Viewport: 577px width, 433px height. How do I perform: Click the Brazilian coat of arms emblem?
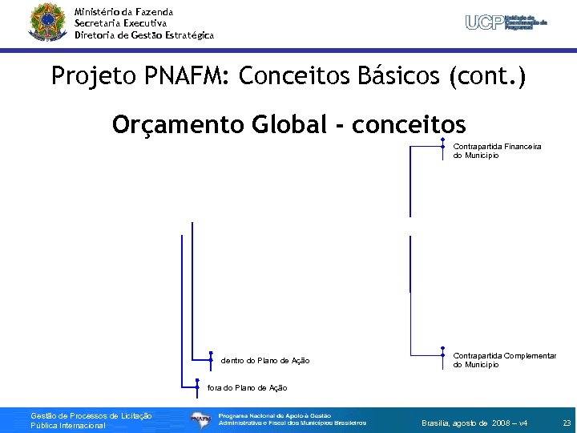coord(47,22)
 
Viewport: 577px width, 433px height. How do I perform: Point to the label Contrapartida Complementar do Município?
coord(505,360)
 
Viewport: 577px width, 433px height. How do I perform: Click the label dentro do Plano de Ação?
coord(265,361)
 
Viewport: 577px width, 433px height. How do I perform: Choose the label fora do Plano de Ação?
coord(248,387)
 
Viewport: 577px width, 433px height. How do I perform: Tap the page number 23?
coord(567,423)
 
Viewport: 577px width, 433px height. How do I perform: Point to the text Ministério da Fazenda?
coord(123,12)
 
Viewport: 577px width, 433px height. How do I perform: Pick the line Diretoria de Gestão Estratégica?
coord(144,35)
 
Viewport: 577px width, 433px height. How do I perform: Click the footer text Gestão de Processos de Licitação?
coord(91,415)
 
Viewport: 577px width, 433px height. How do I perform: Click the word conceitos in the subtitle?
coord(409,125)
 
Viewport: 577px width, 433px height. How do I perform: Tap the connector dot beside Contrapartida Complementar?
coord(443,355)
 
